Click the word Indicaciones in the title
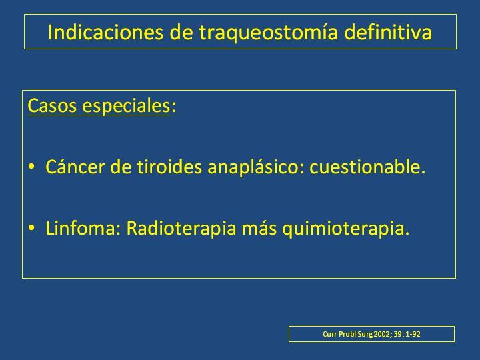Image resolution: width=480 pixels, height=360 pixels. coord(105,32)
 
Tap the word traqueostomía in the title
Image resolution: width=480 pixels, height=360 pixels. coord(268,33)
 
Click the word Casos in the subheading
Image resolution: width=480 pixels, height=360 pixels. coord(52,105)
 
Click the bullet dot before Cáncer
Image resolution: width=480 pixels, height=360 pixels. coord(31,167)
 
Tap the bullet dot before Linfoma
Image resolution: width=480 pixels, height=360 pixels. coord(31,228)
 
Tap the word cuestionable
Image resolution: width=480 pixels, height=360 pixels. coord(367,167)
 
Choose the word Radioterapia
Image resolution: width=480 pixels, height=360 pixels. coord(181,229)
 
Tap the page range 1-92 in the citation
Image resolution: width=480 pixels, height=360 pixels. coord(413,334)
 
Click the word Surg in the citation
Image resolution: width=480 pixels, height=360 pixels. coord(365,334)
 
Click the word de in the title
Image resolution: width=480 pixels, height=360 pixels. coord(181,32)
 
